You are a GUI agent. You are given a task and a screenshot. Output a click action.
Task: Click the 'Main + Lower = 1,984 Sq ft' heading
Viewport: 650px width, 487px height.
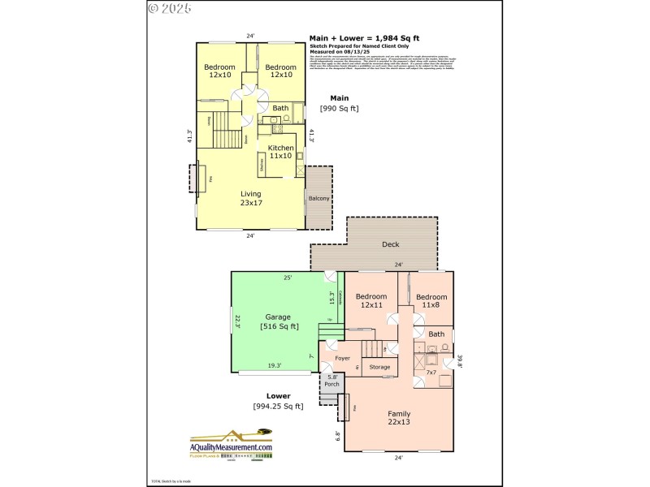[365, 37]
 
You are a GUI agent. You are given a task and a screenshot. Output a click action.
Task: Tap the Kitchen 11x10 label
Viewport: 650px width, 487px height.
[280, 151]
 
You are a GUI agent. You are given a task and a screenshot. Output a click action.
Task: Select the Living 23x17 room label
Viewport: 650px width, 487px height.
[250, 198]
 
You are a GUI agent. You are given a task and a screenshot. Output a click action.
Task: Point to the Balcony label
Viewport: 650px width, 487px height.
[318, 198]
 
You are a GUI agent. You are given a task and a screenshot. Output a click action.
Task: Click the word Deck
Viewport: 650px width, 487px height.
[390, 244]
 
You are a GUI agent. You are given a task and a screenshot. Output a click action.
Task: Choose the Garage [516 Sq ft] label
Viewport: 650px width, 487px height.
[279, 321]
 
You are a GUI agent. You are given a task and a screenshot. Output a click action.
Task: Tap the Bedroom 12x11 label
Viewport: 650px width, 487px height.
[371, 300]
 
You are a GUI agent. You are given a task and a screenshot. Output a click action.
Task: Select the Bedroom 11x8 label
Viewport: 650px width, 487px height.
[431, 301]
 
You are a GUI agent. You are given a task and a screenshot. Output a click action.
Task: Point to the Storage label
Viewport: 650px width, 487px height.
[379, 367]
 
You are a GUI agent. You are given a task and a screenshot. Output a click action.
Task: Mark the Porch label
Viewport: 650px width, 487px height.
[331, 380]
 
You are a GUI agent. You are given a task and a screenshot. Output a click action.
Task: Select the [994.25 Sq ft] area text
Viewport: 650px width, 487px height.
[278, 406]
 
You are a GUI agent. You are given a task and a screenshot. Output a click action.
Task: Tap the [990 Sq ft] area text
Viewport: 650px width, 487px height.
[339, 108]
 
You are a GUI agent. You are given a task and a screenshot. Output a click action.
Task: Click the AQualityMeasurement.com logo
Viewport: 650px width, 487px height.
[231, 447]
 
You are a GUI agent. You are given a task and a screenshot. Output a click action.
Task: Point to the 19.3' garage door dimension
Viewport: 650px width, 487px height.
[275, 366]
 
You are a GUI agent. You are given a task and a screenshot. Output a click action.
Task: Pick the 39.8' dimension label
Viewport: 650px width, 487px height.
[459, 361]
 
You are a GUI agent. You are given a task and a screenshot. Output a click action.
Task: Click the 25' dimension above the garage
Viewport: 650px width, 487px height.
[287, 278]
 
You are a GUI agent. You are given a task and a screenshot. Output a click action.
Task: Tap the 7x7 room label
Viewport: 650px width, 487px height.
[431, 372]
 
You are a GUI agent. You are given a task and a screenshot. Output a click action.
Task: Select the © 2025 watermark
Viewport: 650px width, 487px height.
[170, 9]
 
